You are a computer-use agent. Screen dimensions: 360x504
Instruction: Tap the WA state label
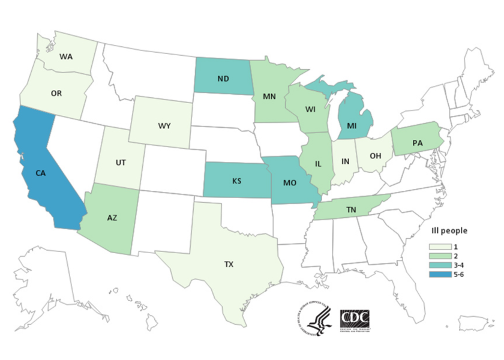(x=68, y=58)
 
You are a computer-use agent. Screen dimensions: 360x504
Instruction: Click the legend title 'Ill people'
(x=449, y=230)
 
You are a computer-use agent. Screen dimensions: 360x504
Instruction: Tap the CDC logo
(x=354, y=319)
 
